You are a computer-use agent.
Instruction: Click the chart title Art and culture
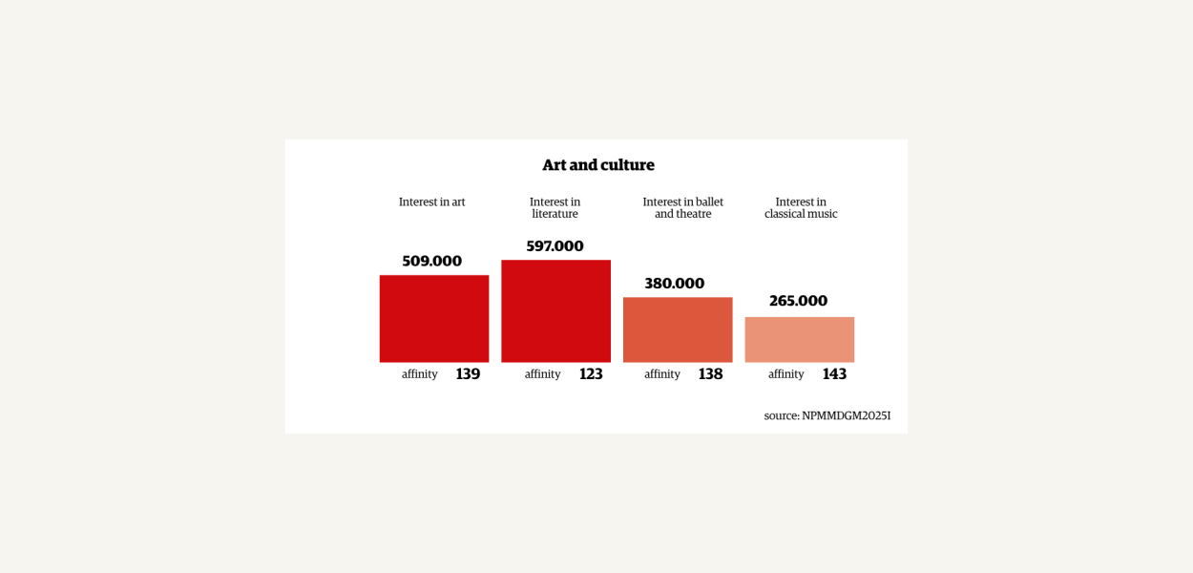pyautogui.click(x=598, y=165)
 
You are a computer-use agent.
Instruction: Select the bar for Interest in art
pyautogui.click(x=434, y=319)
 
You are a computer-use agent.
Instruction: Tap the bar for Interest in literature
pyautogui.click(x=555, y=311)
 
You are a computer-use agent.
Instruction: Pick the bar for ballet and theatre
pyautogui.click(x=678, y=329)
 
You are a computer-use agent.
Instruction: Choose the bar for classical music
pyautogui.click(x=799, y=340)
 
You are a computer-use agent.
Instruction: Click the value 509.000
pyautogui.click(x=431, y=261)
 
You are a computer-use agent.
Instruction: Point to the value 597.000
pyautogui.click(x=555, y=246)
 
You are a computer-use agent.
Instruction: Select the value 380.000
pyautogui.click(x=674, y=284)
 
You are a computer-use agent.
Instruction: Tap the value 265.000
pyautogui.click(x=798, y=301)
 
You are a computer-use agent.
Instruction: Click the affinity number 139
pyautogui.click(x=468, y=374)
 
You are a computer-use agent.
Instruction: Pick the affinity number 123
pyautogui.click(x=591, y=374)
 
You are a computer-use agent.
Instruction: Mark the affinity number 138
pyautogui.click(x=710, y=374)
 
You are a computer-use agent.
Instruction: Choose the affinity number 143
pyautogui.click(x=834, y=374)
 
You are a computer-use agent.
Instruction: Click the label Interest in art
pyautogui.click(x=431, y=202)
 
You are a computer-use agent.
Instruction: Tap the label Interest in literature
pyautogui.click(x=555, y=208)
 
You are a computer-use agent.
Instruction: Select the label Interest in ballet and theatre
pyautogui.click(x=682, y=208)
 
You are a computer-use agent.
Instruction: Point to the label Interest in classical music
pyautogui.click(x=801, y=208)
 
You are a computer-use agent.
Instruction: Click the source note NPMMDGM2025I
pyautogui.click(x=827, y=415)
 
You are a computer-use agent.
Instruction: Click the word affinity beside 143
pyautogui.click(x=786, y=374)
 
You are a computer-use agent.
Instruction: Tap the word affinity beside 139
pyautogui.click(x=420, y=374)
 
